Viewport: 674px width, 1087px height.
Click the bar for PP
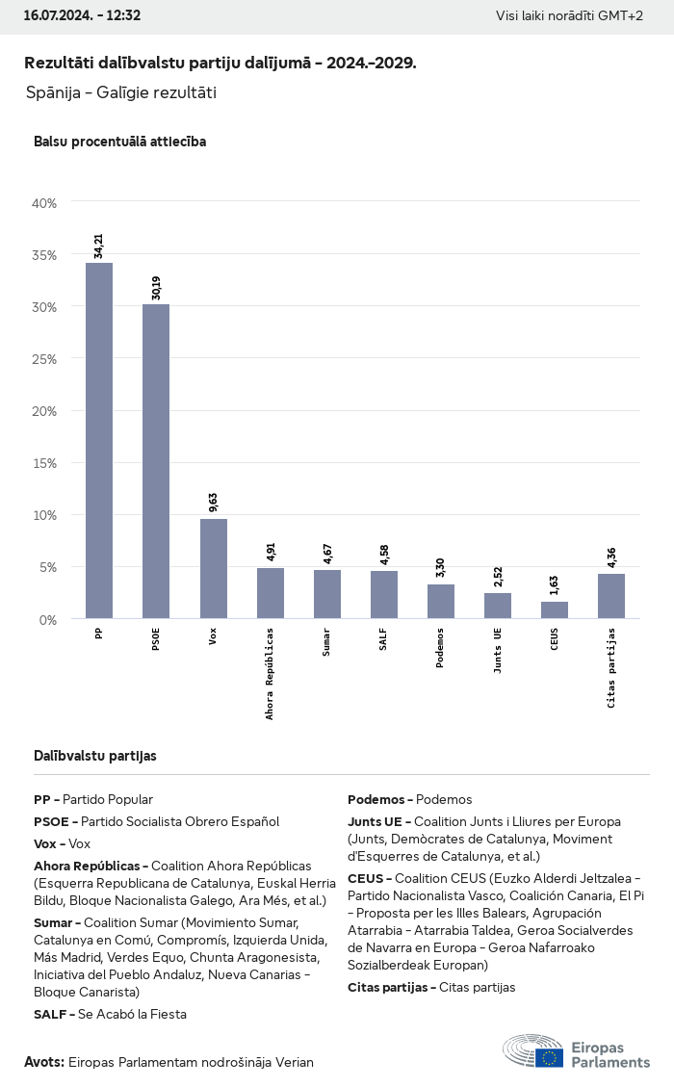click(99, 440)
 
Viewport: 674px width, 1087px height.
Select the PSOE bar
click(156, 461)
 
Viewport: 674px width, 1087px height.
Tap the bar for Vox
click(213, 568)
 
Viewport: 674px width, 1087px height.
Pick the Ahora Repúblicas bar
click(270, 593)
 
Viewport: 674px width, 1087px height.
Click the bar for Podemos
click(441, 601)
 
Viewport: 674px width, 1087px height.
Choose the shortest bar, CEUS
click(555, 609)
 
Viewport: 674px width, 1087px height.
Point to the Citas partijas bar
click(611, 596)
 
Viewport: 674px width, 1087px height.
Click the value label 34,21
click(99, 246)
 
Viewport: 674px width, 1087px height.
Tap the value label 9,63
click(213, 504)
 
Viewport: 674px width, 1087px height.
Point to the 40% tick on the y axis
click(45, 203)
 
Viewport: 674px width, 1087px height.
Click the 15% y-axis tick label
click(45, 463)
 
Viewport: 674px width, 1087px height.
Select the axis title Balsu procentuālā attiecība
click(119, 142)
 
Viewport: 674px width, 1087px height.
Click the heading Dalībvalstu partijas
click(95, 756)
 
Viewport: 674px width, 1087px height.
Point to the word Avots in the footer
click(43, 1062)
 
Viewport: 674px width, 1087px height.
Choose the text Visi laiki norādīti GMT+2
click(569, 15)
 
